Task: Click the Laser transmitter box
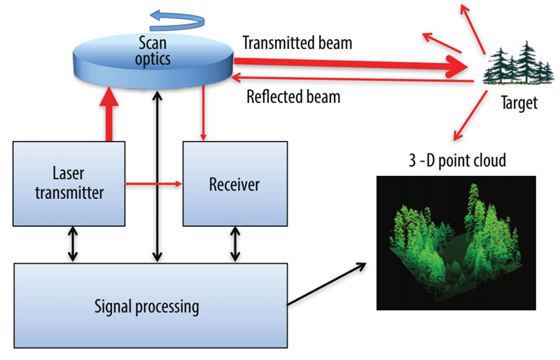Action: click(69, 184)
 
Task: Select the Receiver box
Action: click(235, 184)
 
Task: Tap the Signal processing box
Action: click(150, 305)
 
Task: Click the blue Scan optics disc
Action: click(153, 61)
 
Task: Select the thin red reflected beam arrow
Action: click(353, 79)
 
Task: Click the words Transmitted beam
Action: click(297, 43)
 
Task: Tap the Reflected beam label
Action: click(293, 97)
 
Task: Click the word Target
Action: click(519, 103)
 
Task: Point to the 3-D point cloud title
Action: click(457, 160)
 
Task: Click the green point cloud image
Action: click(456, 243)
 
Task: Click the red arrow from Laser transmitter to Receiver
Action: click(153, 184)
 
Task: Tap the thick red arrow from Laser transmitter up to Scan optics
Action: click(109, 114)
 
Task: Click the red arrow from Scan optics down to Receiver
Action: click(203, 113)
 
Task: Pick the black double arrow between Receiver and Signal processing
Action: click(235, 244)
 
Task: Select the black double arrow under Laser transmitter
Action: click(73, 244)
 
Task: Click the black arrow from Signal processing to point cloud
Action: click(327, 284)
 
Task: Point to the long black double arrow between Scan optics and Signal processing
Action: click(157, 176)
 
